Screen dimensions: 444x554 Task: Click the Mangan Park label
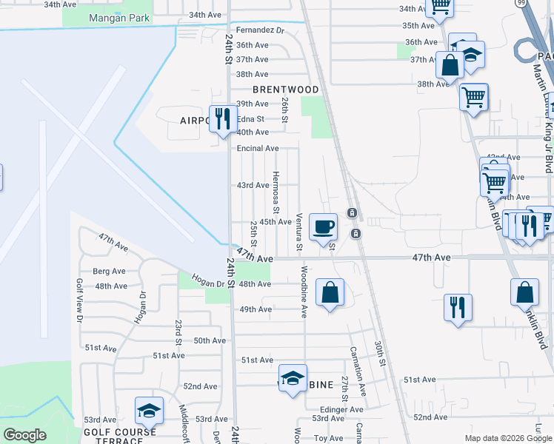coord(119,18)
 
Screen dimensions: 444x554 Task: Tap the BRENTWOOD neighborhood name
coord(285,90)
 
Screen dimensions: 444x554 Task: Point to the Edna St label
coord(250,118)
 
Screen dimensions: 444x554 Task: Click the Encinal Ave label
coord(257,148)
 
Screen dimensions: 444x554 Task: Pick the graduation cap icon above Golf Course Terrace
coord(149,411)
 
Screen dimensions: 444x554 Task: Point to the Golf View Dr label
coord(79,300)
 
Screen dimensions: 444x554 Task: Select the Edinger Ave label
coord(341,409)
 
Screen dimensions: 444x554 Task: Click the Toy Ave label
coord(329,438)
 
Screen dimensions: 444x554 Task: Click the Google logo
coord(24,436)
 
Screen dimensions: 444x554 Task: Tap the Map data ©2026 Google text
coord(508,438)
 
